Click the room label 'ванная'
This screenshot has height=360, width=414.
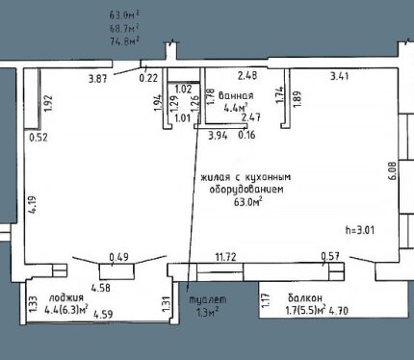pyautogui.click(x=236, y=95)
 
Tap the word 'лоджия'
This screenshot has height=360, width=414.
pyautogui.click(x=65, y=297)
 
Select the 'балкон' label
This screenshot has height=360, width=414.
pyautogui.click(x=305, y=298)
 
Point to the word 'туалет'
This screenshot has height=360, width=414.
pyautogui.click(x=208, y=299)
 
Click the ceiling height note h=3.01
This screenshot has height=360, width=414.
pyautogui.click(x=360, y=230)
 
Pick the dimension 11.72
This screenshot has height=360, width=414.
pyautogui.click(x=226, y=257)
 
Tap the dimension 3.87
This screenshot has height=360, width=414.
pyautogui.click(x=97, y=79)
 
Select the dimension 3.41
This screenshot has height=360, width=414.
pyautogui.click(x=340, y=76)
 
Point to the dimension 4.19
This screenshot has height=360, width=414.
pyautogui.click(x=34, y=205)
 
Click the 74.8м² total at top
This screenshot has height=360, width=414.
pyautogui.click(x=124, y=41)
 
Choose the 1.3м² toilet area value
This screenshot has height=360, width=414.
pyautogui.click(x=208, y=312)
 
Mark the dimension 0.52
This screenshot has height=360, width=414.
pyautogui.click(x=39, y=138)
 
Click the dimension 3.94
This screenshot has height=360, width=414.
pyautogui.click(x=218, y=136)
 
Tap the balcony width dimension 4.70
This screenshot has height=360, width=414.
pyautogui.click(x=339, y=311)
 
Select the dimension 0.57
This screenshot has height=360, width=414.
pyautogui.click(x=330, y=256)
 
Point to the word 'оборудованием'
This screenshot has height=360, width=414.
pyautogui.click(x=246, y=190)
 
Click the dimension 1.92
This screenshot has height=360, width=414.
pyautogui.click(x=49, y=104)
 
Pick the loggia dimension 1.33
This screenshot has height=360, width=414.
pyautogui.click(x=34, y=304)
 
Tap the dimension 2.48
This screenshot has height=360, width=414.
pyautogui.click(x=247, y=76)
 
